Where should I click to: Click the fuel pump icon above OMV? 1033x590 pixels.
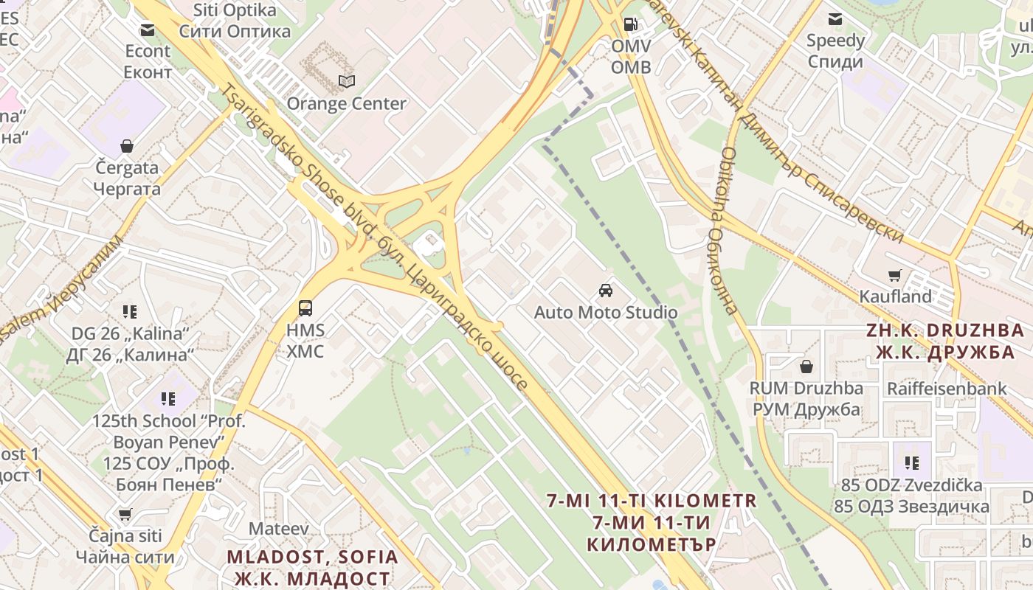tap(630, 24)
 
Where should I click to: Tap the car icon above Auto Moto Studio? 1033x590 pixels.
tap(605, 291)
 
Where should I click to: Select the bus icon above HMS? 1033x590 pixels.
tap(305, 308)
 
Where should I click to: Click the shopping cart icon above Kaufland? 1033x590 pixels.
tap(895, 276)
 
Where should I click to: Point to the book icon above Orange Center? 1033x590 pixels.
tap(346, 81)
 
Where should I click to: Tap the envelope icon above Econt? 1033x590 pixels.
tap(148, 30)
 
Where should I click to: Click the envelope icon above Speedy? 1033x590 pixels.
tap(835, 19)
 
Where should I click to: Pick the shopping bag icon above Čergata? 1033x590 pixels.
tap(127, 146)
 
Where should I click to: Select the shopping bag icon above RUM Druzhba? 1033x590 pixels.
tap(806, 367)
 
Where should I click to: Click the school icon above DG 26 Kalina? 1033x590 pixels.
tap(130, 312)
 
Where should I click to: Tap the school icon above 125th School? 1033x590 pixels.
tap(168, 400)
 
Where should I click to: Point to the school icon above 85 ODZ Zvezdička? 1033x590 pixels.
tap(912, 463)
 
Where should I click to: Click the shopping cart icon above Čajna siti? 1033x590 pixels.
tap(125, 514)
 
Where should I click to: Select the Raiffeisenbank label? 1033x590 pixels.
tap(947, 388)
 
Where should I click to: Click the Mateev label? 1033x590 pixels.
tap(278, 528)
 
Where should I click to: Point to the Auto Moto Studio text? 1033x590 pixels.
tap(605, 312)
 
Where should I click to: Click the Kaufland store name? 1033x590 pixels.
tap(895, 296)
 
